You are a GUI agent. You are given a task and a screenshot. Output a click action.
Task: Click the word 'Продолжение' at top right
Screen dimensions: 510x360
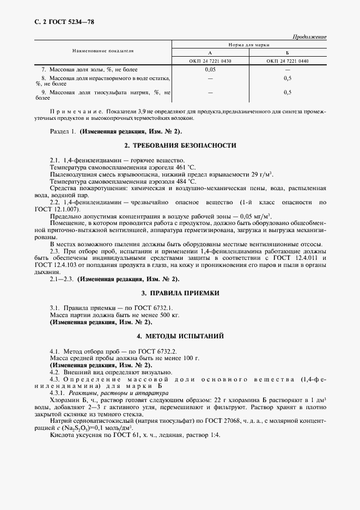(x=309, y=37)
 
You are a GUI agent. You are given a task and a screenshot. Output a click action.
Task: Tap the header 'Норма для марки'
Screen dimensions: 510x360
(x=249, y=44)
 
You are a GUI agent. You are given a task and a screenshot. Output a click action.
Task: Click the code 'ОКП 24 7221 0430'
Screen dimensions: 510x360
(x=210, y=61)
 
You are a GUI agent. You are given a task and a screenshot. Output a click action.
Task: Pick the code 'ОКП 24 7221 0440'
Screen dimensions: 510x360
(x=288, y=61)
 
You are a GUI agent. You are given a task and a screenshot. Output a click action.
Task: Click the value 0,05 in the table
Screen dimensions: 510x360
(x=210, y=70)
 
